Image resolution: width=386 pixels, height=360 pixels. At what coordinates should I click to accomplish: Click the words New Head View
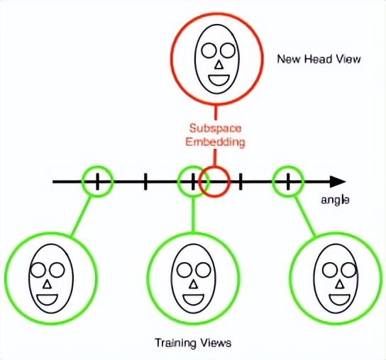(319, 59)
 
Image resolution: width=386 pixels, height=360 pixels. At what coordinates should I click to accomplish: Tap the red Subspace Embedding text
(216, 135)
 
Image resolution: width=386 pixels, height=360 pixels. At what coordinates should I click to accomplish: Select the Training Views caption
(193, 343)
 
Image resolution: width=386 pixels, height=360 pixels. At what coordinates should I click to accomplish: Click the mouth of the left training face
(48, 296)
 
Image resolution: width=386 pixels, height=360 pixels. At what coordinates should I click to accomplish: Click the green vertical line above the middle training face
(192, 216)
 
